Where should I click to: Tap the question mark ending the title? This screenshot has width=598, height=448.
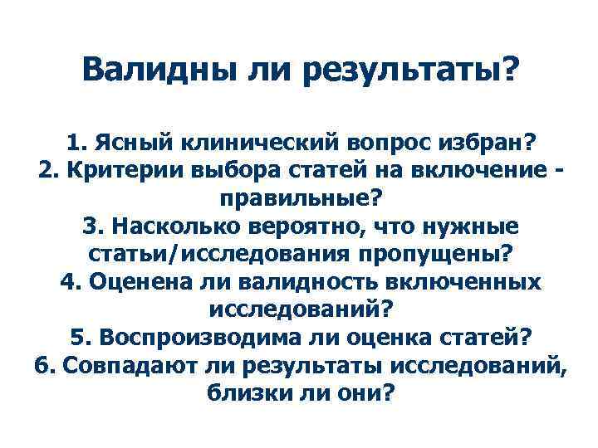coord(506,71)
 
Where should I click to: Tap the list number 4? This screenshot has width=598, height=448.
coord(69,282)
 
